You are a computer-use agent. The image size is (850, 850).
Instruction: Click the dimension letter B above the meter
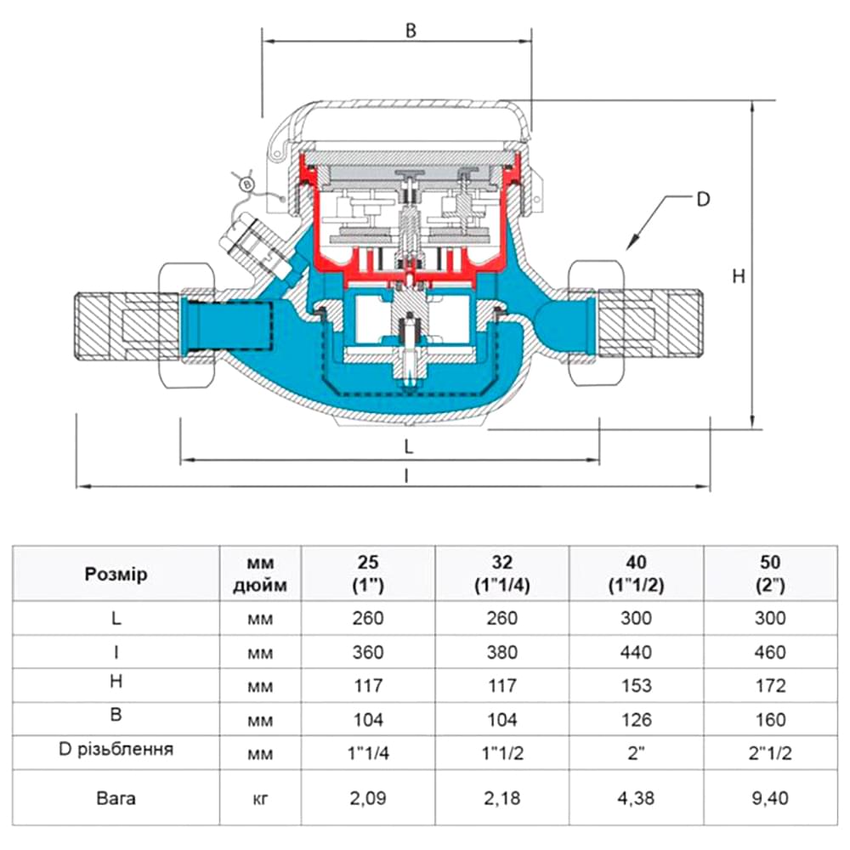[411, 31]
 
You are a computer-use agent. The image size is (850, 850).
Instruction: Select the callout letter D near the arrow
[702, 201]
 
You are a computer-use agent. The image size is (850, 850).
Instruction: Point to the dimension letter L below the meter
[408, 445]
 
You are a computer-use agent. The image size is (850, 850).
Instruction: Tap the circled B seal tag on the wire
[247, 184]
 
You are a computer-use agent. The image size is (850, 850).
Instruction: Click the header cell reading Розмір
[116, 574]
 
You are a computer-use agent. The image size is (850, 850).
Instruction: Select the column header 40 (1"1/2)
[636, 574]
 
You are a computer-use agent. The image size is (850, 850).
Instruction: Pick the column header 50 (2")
[769, 574]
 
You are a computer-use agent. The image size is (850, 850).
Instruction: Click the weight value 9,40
[769, 798]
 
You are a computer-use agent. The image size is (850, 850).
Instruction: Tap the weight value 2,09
[368, 798]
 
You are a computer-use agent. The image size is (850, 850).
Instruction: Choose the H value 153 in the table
[636, 685]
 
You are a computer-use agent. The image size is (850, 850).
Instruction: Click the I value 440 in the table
[636, 652]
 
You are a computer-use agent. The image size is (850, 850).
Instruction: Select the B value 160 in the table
[769, 720]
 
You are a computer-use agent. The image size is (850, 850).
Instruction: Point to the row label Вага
[116, 798]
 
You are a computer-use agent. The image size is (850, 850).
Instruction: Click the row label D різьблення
[116, 750]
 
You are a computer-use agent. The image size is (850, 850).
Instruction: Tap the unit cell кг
[261, 798]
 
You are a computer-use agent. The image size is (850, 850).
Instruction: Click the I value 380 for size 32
[501, 652]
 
